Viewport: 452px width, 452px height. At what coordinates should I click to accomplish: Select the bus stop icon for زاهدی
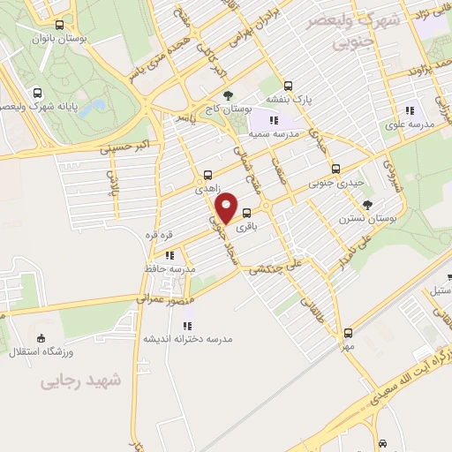[x=207, y=175]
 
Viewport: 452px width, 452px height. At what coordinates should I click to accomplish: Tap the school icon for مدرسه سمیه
[x=274, y=120]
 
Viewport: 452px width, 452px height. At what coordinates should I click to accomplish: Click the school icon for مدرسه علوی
[x=409, y=111]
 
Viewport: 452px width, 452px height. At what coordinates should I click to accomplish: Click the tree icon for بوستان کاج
[x=228, y=94]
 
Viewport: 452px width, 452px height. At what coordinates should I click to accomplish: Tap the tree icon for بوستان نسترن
[x=368, y=202]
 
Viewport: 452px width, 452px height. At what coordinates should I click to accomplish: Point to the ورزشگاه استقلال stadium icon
[x=40, y=337]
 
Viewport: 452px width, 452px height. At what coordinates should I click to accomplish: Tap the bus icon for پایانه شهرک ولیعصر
[x=37, y=94]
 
